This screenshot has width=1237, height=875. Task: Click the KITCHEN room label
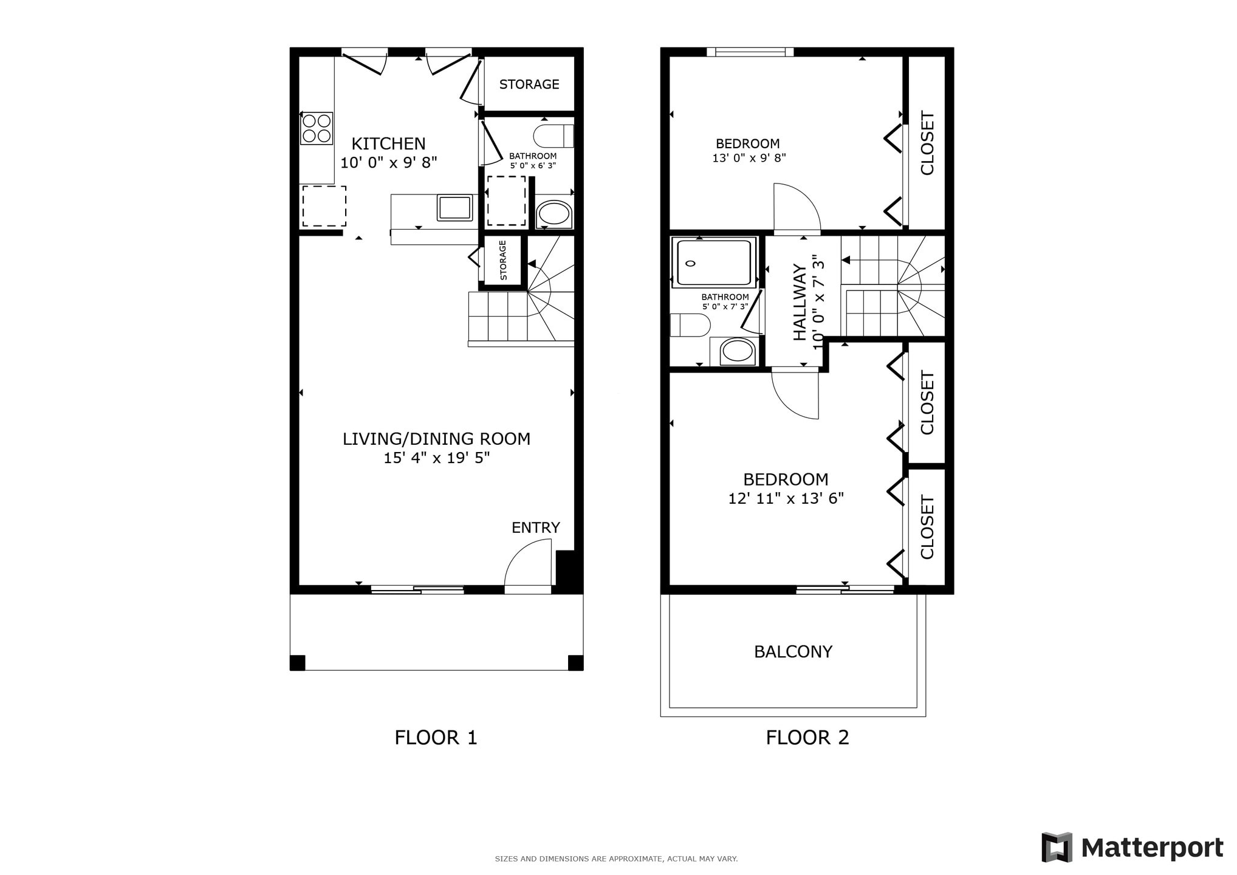click(x=388, y=144)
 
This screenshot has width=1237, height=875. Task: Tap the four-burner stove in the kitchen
click(x=317, y=128)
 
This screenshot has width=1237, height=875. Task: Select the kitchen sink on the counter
click(x=454, y=208)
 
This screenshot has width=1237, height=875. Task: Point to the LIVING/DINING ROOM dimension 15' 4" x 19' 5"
click(x=436, y=458)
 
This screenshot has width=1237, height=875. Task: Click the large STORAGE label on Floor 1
click(x=529, y=84)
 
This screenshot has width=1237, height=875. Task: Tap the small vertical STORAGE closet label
click(x=503, y=260)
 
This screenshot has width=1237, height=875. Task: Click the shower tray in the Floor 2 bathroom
click(x=714, y=262)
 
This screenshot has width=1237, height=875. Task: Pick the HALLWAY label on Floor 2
click(x=800, y=302)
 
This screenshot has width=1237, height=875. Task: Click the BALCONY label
click(x=793, y=652)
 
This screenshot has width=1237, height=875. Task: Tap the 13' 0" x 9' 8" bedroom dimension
click(x=749, y=158)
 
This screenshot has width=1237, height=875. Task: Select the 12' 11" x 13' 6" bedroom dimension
click(x=786, y=499)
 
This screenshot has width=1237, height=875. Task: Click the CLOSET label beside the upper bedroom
click(x=927, y=143)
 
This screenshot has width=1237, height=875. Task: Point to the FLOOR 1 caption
click(x=436, y=738)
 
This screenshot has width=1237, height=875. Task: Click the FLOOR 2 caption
click(x=807, y=738)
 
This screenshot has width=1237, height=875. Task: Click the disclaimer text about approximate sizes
click(x=616, y=859)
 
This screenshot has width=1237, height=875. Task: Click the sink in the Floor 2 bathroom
click(x=738, y=351)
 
